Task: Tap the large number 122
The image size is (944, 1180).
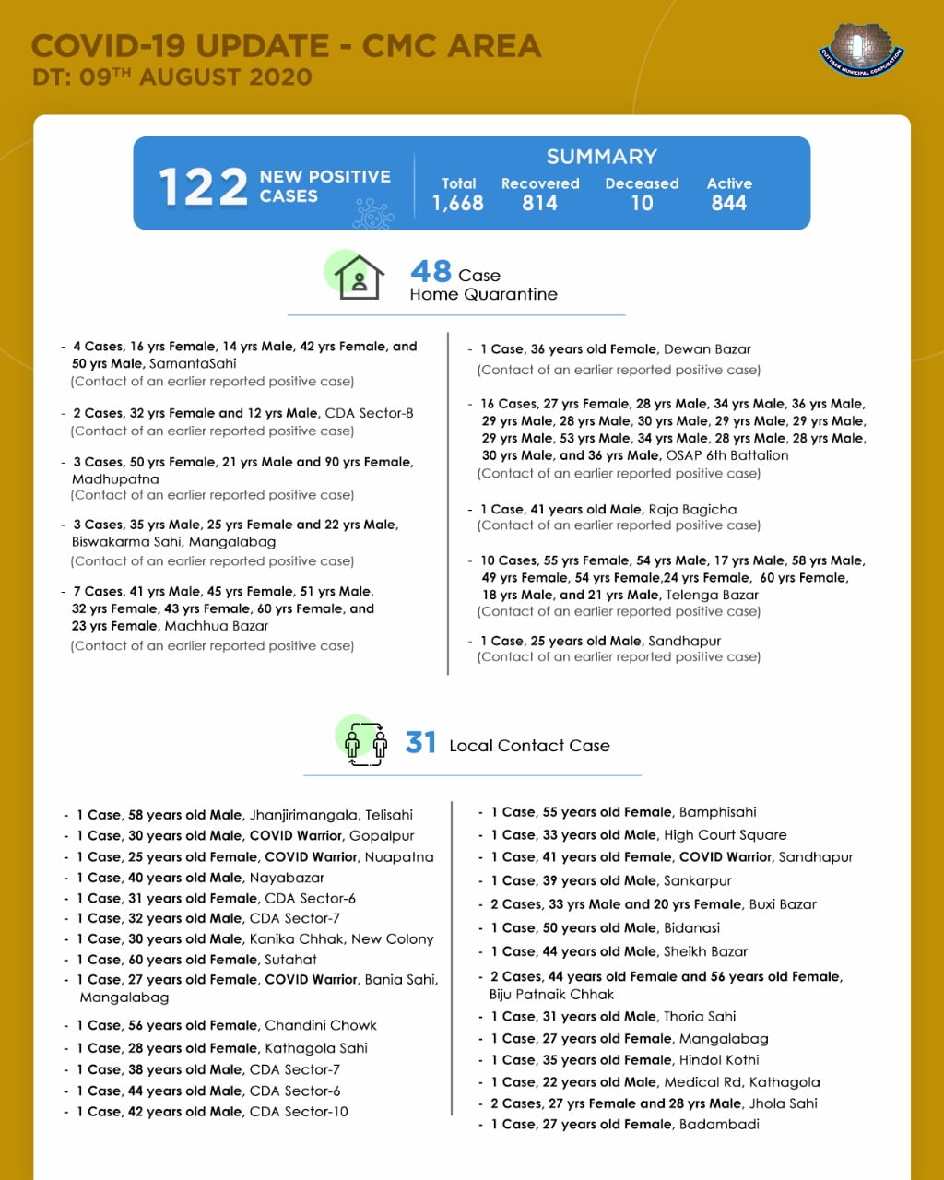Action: pyautogui.click(x=203, y=186)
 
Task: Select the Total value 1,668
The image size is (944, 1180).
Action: pyautogui.click(x=458, y=203)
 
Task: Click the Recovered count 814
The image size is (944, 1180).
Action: pyautogui.click(x=539, y=203)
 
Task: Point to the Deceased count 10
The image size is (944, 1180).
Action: pyautogui.click(x=642, y=203)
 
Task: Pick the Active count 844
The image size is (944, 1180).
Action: pyautogui.click(x=728, y=203)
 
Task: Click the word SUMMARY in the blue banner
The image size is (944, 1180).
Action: pyautogui.click(x=601, y=157)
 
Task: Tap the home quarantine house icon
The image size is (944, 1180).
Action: pyautogui.click(x=358, y=277)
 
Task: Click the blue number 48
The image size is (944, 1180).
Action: pyautogui.click(x=431, y=271)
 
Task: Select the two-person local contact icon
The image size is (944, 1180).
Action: pyautogui.click(x=365, y=743)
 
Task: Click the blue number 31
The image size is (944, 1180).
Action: pyautogui.click(x=420, y=742)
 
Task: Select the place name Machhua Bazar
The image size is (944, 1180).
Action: pyautogui.click(x=216, y=626)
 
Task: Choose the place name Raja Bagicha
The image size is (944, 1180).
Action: pyautogui.click(x=691, y=509)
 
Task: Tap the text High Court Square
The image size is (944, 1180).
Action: pyautogui.click(x=725, y=835)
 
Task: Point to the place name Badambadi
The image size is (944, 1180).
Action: pyautogui.click(x=719, y=1124)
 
